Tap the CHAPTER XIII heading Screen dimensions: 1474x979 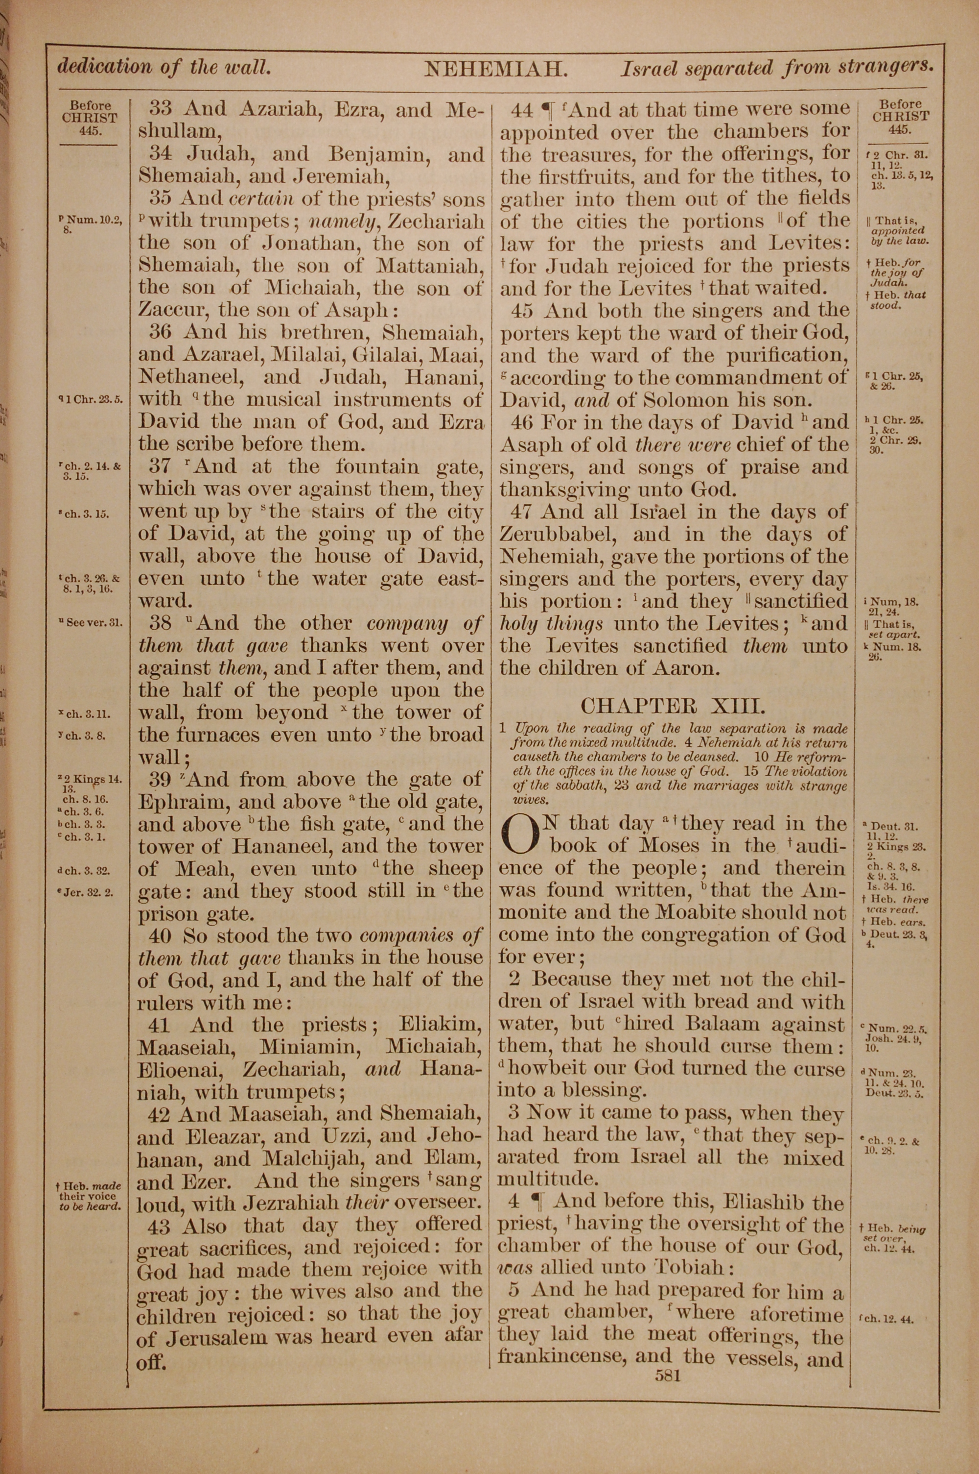(673, 707)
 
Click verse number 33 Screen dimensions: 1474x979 (161, 109)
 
